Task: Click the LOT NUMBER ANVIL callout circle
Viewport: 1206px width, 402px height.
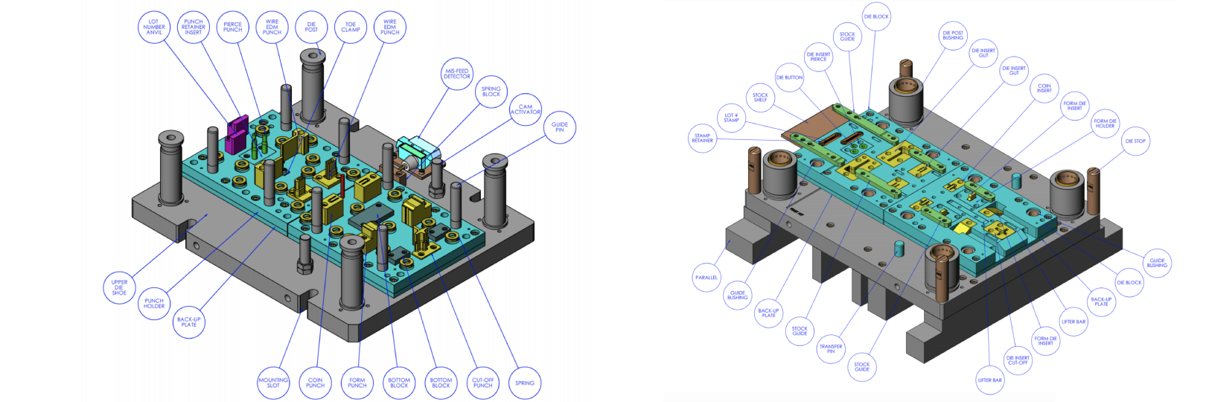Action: coord(154,28)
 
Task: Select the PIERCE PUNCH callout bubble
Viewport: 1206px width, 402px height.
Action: coord(232,28)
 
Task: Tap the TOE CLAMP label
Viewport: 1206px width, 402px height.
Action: coord(351,28)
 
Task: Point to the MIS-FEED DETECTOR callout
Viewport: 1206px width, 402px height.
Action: coord(457,74)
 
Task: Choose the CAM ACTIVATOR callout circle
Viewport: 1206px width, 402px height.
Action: coord(526,109)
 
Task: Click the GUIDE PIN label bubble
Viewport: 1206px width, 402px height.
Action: coord(560,127)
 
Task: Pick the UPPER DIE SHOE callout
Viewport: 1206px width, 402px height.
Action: coord(119,287)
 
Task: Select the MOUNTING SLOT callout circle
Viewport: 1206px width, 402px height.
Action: coord(273,383)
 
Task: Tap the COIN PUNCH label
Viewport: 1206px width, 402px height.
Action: coord(316,383)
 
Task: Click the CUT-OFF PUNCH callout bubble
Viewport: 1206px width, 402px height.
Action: coord(483,383)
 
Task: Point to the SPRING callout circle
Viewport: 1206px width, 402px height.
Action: coord(525,383)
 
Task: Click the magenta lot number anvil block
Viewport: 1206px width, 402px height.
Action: coord(237,133)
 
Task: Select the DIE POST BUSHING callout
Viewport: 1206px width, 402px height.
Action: coord(953,35)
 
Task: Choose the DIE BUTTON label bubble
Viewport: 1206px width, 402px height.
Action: coord(789,77)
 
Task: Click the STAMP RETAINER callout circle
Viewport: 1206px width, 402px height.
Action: coord(702,138)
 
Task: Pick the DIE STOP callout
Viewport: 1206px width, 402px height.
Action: coord(1135,141)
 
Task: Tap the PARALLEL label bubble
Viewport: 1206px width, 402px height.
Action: coord(706,278)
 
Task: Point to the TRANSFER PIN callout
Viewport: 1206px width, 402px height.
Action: coord(831,348)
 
